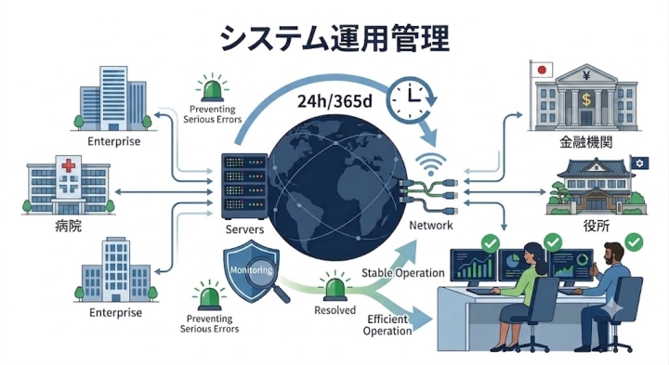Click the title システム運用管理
(x=334, y=38)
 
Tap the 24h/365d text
(x=334, y=101)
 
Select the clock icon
(x=411, y=98)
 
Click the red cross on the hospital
(x=68, y=165)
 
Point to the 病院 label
(x=68, y=226)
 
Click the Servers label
(x=244, y=229)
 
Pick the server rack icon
(x=244, y=187)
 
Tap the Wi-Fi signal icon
(x=431, y=164)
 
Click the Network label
(x=431, y=225)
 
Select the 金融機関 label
(x=585, y=142)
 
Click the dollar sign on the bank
(x=586, y=100)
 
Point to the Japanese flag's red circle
(x=542, y=70)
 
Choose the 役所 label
(x=596, y=226)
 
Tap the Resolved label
(x=334, y=310)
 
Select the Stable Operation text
(x=402, y=273)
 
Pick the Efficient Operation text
(x=387, y=325)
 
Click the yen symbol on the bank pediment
(x=586, y=76)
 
